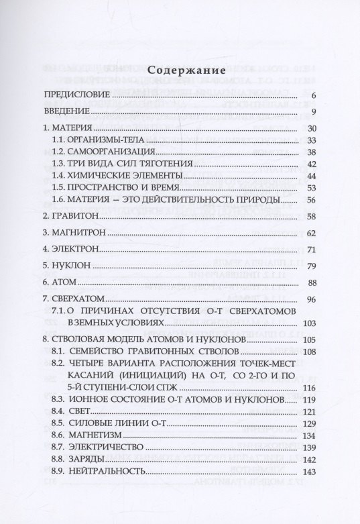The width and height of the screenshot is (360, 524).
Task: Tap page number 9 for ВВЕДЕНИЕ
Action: click(314, 111)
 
